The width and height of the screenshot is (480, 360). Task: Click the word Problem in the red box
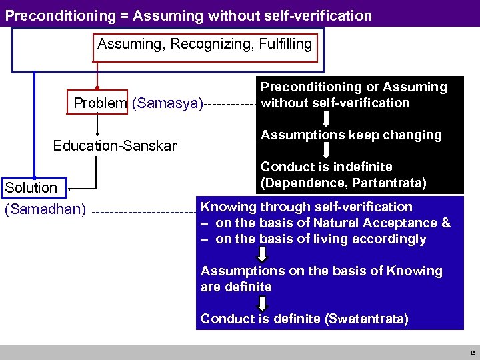(100, 103)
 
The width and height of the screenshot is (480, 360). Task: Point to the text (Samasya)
(167, 103)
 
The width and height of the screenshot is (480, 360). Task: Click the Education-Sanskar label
(115, 145)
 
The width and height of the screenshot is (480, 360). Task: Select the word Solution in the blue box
(31, 187)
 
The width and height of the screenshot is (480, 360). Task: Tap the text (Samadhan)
(45, 210)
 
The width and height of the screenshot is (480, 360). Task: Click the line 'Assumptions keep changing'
(351, 135)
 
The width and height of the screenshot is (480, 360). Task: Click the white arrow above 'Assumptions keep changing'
(327, 119)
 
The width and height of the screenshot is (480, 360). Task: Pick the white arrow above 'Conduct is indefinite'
(327, 151)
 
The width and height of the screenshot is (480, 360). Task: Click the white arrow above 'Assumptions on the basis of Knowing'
(262, 255)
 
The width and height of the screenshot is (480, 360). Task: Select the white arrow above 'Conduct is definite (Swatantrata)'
(262, 303)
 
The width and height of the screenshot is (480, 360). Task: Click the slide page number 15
(472, 353)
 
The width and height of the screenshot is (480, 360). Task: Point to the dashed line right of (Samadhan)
(143, 213)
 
